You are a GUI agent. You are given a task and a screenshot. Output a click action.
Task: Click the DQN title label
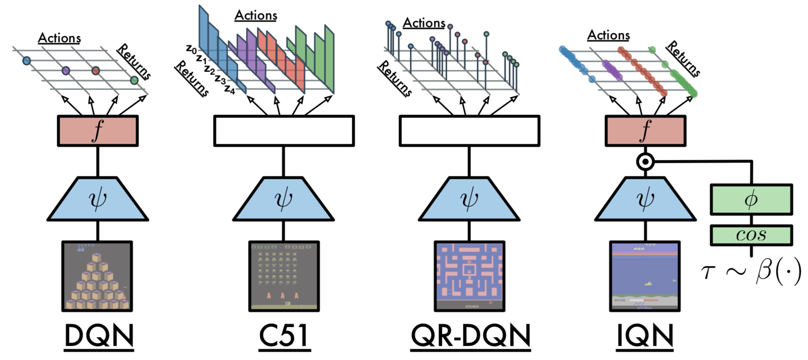99,336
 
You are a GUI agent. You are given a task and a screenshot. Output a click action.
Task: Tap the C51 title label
283,336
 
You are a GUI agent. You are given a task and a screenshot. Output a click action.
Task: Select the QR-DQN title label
470,336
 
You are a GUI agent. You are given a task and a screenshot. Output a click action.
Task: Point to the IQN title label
645,336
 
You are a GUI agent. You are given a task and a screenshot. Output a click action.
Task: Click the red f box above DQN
98,131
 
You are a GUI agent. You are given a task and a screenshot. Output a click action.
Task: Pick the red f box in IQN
645,131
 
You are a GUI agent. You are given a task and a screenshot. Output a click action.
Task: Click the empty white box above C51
284,131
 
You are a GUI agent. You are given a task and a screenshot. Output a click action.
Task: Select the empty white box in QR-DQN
469,131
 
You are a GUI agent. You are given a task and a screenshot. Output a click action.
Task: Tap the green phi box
751,199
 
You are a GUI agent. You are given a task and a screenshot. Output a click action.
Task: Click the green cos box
751,235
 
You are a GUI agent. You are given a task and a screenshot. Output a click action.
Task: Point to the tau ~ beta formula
751,271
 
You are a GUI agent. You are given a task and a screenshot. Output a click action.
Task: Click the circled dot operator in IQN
645,161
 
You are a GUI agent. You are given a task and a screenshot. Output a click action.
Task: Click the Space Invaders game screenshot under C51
284,276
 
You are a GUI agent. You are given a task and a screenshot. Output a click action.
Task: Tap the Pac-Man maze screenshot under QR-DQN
469,276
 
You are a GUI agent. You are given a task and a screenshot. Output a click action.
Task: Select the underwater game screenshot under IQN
645,276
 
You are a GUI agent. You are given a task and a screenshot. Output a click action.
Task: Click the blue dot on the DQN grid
26,61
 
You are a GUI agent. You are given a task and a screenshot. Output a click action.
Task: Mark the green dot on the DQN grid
134,80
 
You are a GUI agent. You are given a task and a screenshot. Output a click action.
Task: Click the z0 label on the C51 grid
191,49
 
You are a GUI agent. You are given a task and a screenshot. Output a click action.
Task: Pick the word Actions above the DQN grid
59,38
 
